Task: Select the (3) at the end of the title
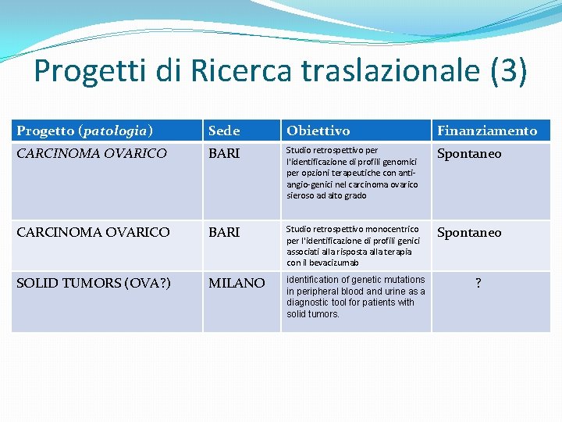click(509, 72)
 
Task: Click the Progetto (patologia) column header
click(85, 131)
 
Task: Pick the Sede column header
click(225, 131)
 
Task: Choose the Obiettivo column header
click(318, 131)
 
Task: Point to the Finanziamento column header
click(487, 131)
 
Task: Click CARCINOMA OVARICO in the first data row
click(92, 154)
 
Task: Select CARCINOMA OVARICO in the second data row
click(92, 232)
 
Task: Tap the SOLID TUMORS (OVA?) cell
click(94, 283)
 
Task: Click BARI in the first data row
click(224, 154)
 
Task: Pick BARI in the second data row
click(224, 232)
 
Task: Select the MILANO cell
click(237, 283)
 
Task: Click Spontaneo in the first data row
click(469, 154)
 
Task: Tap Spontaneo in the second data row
click(469, 232)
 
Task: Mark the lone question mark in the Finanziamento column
click(478, 284)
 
